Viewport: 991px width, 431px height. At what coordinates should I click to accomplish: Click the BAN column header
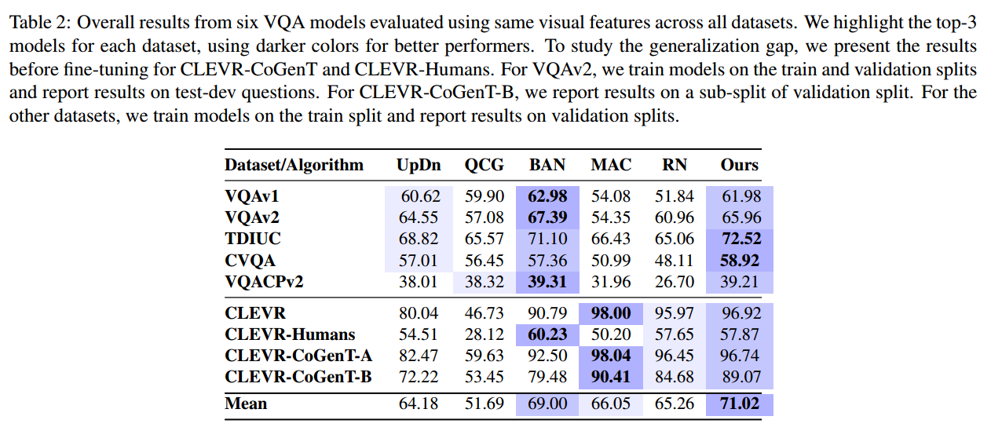547,165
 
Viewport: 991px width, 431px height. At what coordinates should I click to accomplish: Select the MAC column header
611,165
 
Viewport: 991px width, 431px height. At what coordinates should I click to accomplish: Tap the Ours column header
740,165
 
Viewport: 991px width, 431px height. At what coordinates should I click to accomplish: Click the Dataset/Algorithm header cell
294,165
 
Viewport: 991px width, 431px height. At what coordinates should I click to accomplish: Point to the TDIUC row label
252,238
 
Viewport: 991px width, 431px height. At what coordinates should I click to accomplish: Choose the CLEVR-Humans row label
290,334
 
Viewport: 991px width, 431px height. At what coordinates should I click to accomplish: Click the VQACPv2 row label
265,281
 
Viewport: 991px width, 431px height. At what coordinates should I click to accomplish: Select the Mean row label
246,404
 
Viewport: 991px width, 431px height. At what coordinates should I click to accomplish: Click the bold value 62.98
547,195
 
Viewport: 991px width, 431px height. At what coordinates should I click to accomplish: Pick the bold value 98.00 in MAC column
611,313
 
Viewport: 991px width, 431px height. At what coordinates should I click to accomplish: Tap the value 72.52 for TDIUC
741,238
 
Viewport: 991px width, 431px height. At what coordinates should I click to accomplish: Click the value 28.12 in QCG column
485,334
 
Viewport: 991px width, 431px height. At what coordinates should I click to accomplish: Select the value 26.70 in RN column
675,281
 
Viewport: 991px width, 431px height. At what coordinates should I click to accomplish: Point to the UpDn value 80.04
420,313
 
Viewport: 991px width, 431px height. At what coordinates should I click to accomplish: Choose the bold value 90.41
611,377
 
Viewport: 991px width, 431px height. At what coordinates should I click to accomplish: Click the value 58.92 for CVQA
741,260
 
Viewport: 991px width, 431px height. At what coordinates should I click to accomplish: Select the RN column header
675,165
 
